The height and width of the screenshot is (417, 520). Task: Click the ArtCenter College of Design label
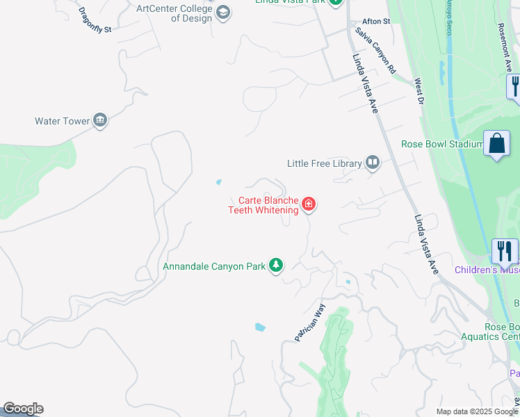(174, 13)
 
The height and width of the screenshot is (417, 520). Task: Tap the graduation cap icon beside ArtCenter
(223, 13)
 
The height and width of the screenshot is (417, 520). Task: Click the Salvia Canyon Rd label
(375, 51)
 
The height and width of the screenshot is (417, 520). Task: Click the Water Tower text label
(63, 121)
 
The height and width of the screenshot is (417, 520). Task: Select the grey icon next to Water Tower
(100, 121)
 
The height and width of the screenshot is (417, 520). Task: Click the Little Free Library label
(325, 163)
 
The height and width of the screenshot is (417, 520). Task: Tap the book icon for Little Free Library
(373, 163)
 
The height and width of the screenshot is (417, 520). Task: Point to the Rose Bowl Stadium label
(442, 145)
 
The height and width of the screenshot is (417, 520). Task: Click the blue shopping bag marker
(496, 145)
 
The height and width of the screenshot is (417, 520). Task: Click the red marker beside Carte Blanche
(309, 205)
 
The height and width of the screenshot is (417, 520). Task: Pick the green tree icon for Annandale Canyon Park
(277, 265)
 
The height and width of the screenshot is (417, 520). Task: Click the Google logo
(22, 409)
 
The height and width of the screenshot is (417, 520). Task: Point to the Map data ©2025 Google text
(476, 411)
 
